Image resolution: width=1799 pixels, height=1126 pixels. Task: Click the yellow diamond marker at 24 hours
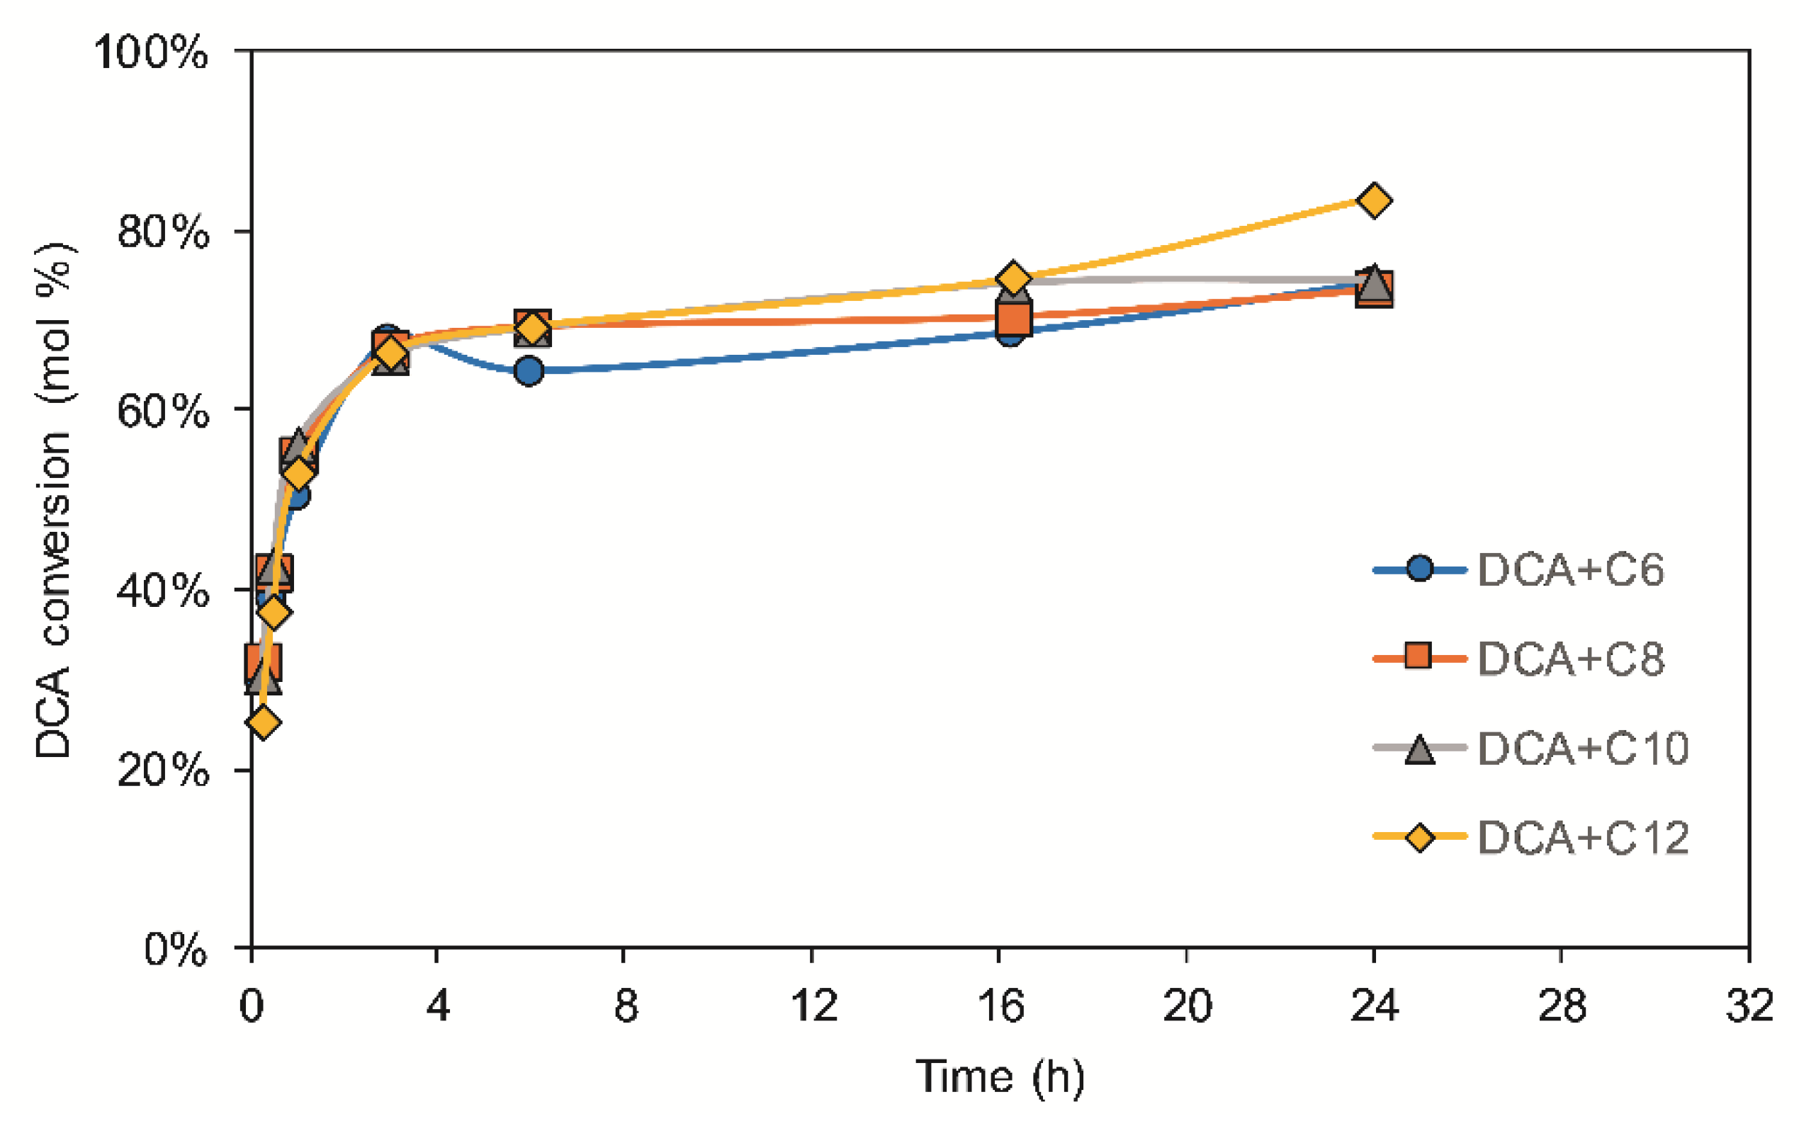click(1374, 200)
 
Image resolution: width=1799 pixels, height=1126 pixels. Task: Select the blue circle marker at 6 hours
click(528, 371)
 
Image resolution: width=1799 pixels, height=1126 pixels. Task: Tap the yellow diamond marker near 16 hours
click(1013, 278)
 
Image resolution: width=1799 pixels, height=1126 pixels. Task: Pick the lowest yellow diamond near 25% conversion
click(263, 722)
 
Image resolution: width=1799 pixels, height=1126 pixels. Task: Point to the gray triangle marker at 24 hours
click(1374, 283)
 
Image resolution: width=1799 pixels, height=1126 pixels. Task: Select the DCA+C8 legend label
click(1570, 659)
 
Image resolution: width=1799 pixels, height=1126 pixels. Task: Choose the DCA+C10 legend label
click(1582, 749)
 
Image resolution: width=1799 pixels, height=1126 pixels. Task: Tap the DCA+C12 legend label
click(1582, 838)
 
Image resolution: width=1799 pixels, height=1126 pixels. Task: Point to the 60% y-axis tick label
click(162, 410)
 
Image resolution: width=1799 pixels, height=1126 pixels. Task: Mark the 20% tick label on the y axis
click(162, 769)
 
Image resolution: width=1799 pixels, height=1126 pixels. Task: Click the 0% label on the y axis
click(175, 950)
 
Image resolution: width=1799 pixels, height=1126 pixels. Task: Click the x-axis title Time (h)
click(1000, 1077)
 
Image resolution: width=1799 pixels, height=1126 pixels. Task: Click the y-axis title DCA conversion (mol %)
click(54, 501)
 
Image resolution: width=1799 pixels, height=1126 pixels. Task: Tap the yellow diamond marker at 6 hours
click(532, 329)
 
